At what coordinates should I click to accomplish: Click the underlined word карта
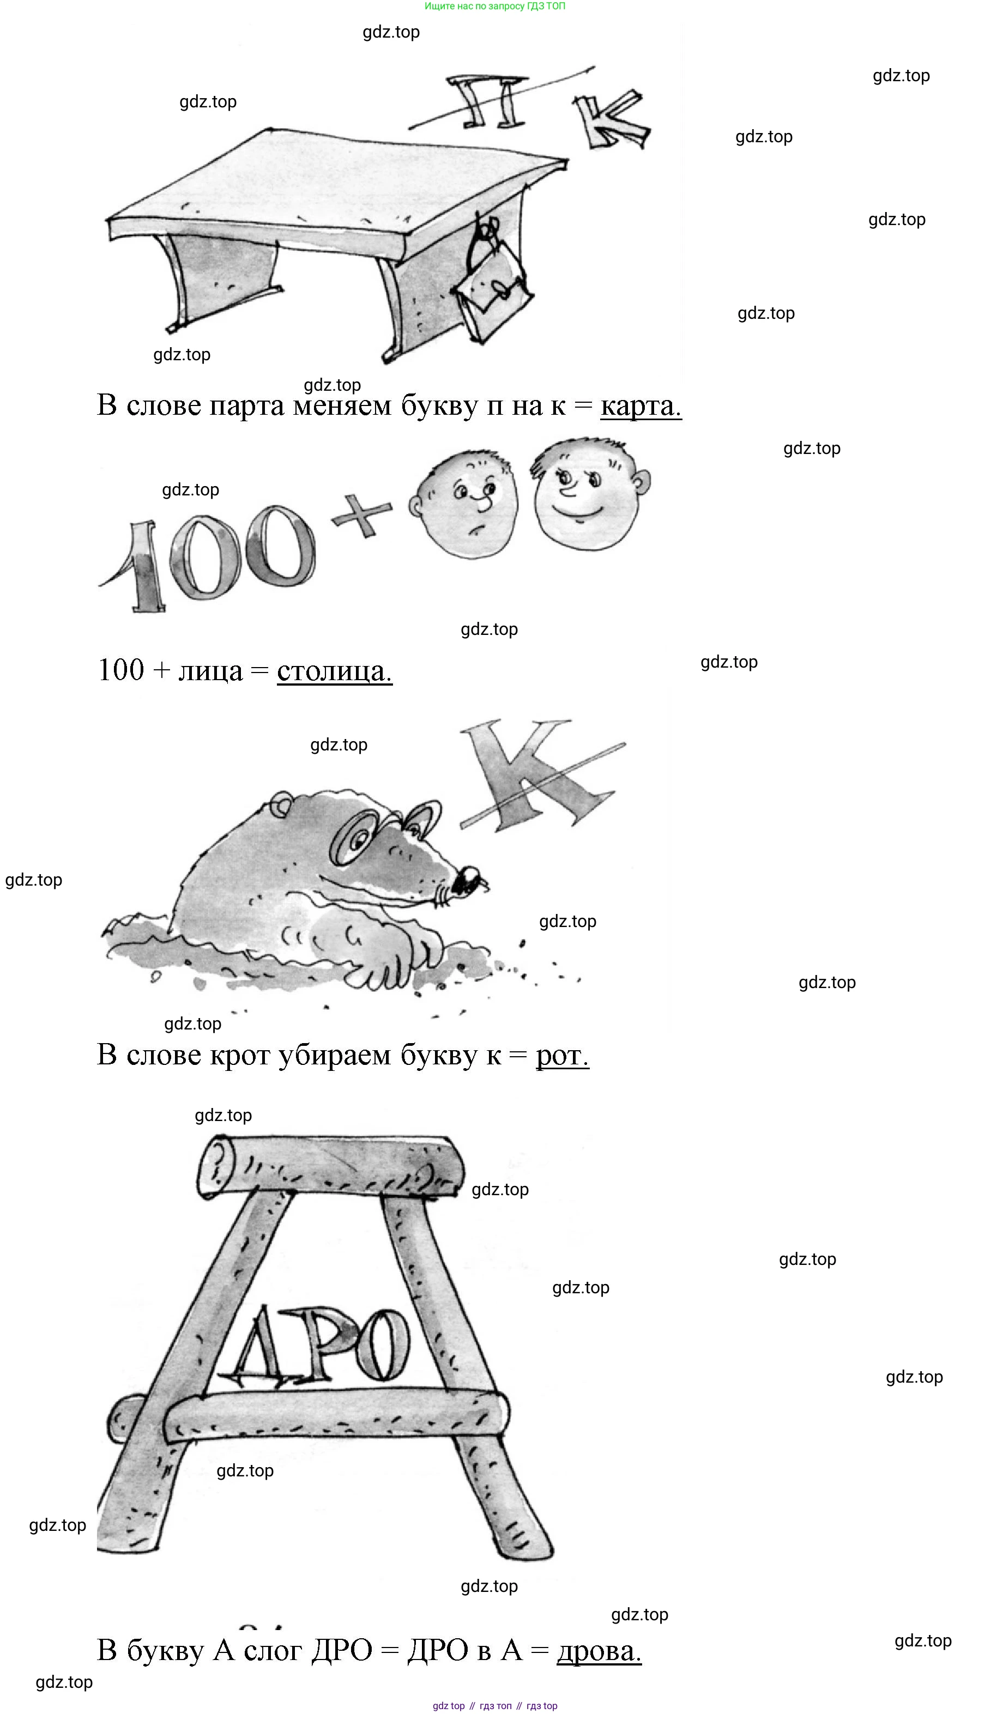pos(640,405)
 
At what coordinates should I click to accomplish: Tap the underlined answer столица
pos(334,671)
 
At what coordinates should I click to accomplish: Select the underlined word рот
pos(562,1056)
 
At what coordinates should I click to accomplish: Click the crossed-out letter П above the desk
pos(486,102)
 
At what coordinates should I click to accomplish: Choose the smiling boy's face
pos(590,492)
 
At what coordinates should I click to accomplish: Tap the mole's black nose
pos(469,880)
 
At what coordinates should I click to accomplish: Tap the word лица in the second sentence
pos(210,671)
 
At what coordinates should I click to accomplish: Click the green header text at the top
pos(494,6)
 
